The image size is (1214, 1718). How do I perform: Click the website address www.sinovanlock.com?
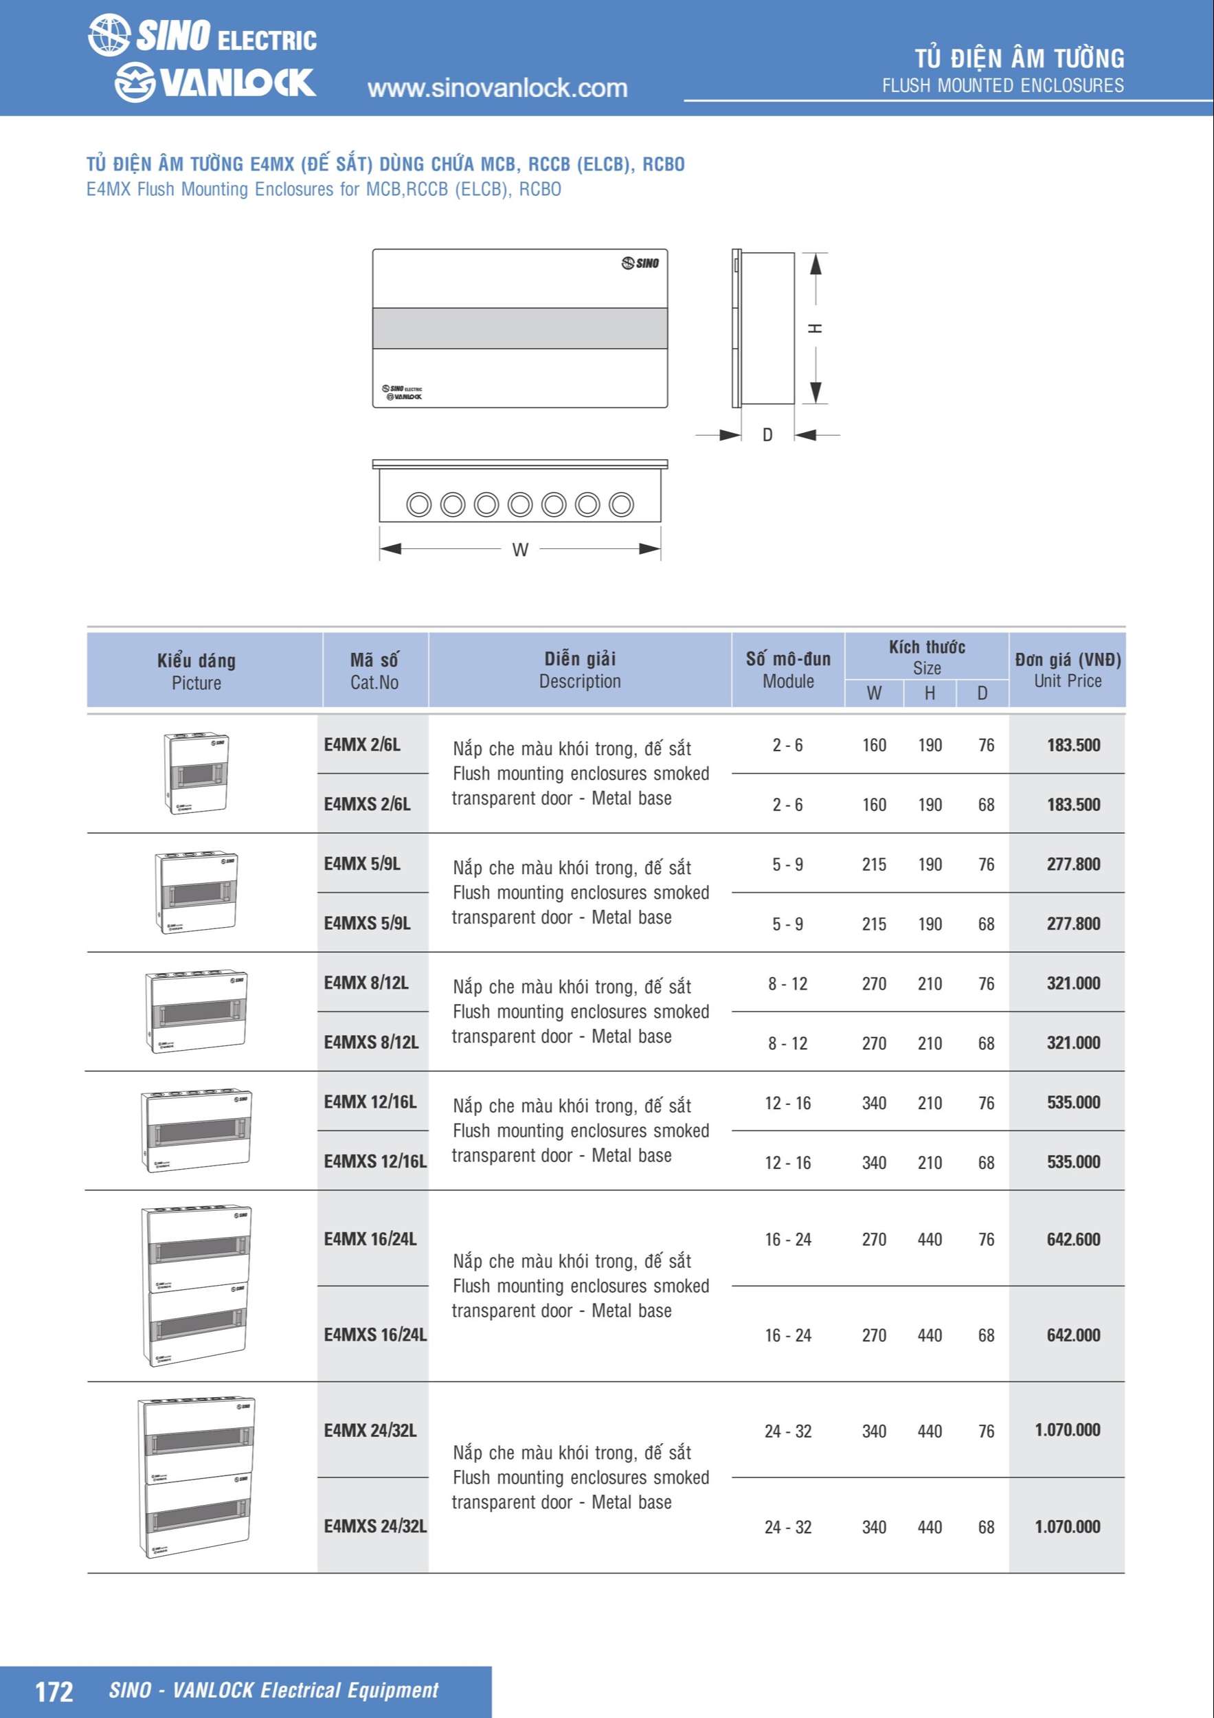pyautogui.click(x=497, y=88)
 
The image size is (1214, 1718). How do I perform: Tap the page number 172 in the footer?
pyautogui.click(x=54, y=1692)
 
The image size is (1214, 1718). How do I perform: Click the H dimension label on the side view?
pyautogui.click(x=816, y=328)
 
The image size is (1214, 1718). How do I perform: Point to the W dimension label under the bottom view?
pyautogui.click(x=520, y=550)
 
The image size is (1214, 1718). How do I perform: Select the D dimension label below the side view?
pyautogui.click(x=767, y=435)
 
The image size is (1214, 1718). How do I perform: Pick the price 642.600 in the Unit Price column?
pyautogui.click(x=1072, y=1239)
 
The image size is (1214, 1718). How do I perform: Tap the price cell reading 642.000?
pyautogui.click(x=1072, y=1335)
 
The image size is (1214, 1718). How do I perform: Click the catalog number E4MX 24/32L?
pyautogui.click(x=370, y=1431)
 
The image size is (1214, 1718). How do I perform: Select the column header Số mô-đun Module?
pyautogui.click(x=787, y=670)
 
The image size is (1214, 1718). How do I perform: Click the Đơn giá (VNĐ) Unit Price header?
pyautogui.click(x=1068, y=670)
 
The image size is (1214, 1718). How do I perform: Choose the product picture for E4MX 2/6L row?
pyautogui.click(x=196, y=774)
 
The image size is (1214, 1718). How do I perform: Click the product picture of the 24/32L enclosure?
pyautogui.click(x=196, y=1477)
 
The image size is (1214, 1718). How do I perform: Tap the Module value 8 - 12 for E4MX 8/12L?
pyautogui.click(x=787, y=984)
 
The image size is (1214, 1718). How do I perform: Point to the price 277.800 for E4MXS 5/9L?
pyautogui.click(x=1072, y=924)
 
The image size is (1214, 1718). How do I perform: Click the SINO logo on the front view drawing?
pyautogui.click(x=640, y=263)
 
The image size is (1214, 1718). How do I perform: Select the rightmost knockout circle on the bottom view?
pyautogui.click(x=621, y=504)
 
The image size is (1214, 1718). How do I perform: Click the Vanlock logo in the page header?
pyautogui.click(x=214, y=82)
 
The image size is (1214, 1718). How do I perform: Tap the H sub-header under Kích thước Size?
pyautogui.click(x=930, y=693)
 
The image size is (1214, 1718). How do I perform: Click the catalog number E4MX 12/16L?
pyautogui.click(x=370, y=1102)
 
